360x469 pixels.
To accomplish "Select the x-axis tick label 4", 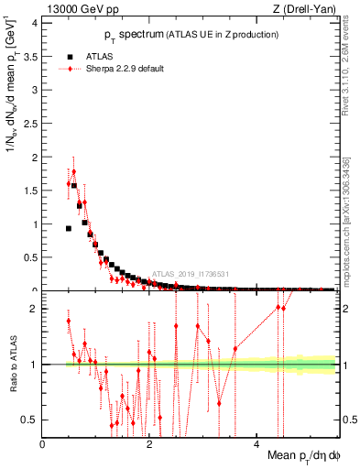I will point(256,444).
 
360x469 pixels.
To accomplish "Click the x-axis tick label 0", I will point(43,444).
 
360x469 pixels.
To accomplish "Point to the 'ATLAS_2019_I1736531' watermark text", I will point(190,273).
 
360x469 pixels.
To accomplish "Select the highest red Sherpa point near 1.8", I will point(73,171).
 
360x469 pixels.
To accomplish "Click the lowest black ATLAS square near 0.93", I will point(68,228).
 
